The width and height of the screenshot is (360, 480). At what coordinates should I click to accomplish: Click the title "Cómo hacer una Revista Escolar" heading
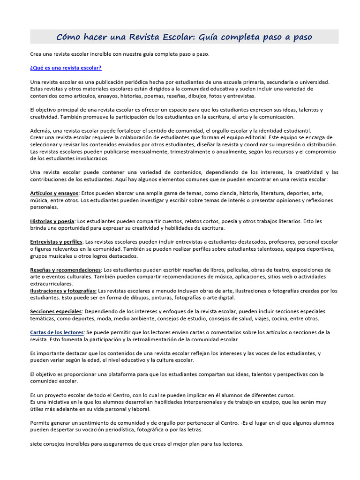[x=184, y=37]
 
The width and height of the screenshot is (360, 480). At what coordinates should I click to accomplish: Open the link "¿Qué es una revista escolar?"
[x=66, y=68]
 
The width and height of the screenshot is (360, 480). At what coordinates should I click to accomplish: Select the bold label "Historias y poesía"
[x=52, y=221]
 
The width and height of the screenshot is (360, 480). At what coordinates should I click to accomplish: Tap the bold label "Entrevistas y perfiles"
[x=56, y=242]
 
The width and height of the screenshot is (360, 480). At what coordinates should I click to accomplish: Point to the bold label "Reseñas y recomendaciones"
[x=65, y=270]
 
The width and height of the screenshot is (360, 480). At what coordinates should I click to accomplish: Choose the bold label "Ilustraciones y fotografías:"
[x=63, y=291]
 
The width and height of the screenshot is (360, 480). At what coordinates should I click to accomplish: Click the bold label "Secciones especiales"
[x=56, y=311]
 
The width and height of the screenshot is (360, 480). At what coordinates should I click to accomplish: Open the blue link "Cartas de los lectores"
[x=57, y=332]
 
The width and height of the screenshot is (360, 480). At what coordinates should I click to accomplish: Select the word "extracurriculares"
[x=52, y=284]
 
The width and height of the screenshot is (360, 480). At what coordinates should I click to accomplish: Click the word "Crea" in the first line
[x=36, y=54]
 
